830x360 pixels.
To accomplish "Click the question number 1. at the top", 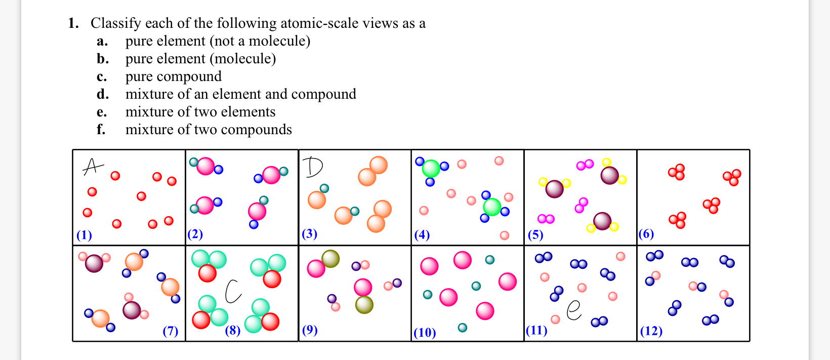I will click(x=73, y=23).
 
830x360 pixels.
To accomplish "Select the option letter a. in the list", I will click(x=102, y=41).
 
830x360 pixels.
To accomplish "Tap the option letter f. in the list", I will click(x=101, y=130).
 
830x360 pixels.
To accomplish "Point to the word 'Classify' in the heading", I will click(x=116, y=23).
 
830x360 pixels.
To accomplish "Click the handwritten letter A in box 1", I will click(x=93, y=166).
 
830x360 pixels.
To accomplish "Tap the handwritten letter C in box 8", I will click(x=233, y=291).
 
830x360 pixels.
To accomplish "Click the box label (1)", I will click(x=84, y=235).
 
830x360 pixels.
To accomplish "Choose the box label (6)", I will click(x=646, y=233).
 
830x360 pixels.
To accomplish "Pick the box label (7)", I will click(x=170, y=331).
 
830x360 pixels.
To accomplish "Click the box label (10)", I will click(x=425, y=332).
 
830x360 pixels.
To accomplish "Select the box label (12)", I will click(x=651, y=331).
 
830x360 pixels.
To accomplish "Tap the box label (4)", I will click(x=422, y=234).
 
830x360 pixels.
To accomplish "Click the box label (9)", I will click(x=310, y=330).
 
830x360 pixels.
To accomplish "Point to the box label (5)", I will click(x=535, y=234).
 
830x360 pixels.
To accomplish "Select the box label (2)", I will click(x=195, y=234).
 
